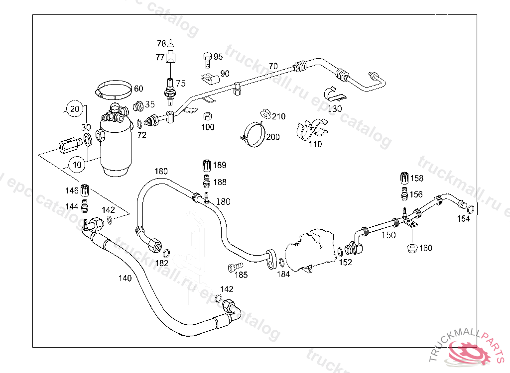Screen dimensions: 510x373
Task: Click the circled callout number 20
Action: click(x=75, y=109)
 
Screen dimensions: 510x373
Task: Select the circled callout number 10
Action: click(x=77, y=165)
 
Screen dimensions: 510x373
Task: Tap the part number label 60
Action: click(x=138, y=89)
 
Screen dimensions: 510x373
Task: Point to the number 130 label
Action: click(x=335, y=108)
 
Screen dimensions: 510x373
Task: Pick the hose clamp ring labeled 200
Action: click(x=253, y=134)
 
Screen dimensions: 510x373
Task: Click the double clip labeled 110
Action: click(x=312, y=129)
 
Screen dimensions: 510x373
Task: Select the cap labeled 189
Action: click(x=207, y=165)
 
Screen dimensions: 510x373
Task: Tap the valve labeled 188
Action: click(x=207, y=181)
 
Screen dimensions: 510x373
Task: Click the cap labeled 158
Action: click(x=404, y=178)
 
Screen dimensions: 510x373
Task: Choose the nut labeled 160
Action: click(x=412, y=249)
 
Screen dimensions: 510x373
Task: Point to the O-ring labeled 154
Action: click(x=470, y=208)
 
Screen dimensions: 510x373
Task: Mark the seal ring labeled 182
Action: click(x=166, y=253)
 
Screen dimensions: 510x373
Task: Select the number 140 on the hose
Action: click(x=125, y=278)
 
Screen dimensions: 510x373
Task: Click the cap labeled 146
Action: click(x=85, y=190)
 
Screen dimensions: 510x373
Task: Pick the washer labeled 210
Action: click(x=266, y=114)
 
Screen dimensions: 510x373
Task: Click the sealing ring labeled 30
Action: click(x=88, y=140)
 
